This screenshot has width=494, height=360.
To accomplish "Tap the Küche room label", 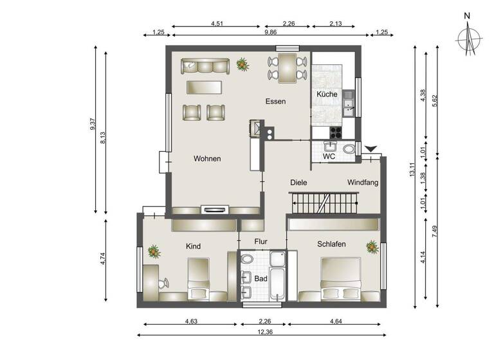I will [x=327, y=94].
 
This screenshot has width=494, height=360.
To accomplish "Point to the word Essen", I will [x=275, y=102].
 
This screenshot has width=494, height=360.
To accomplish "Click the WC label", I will [x=329, y=156].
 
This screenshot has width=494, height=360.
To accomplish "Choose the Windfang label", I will [x=362, y=183].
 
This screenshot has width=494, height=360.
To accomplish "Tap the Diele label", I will [x=298, y=183].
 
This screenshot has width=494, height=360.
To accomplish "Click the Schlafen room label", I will [x=332, y=244].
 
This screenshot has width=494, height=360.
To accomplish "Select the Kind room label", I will [x=194, y=246].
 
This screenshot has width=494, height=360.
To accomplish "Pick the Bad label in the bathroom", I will [x=261, y=280].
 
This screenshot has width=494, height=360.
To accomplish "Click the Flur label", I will [x=261, y=242].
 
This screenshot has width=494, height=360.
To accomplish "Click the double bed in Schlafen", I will [x=340, y=278].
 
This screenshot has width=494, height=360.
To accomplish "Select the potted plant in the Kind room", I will [x=153, y=251].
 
